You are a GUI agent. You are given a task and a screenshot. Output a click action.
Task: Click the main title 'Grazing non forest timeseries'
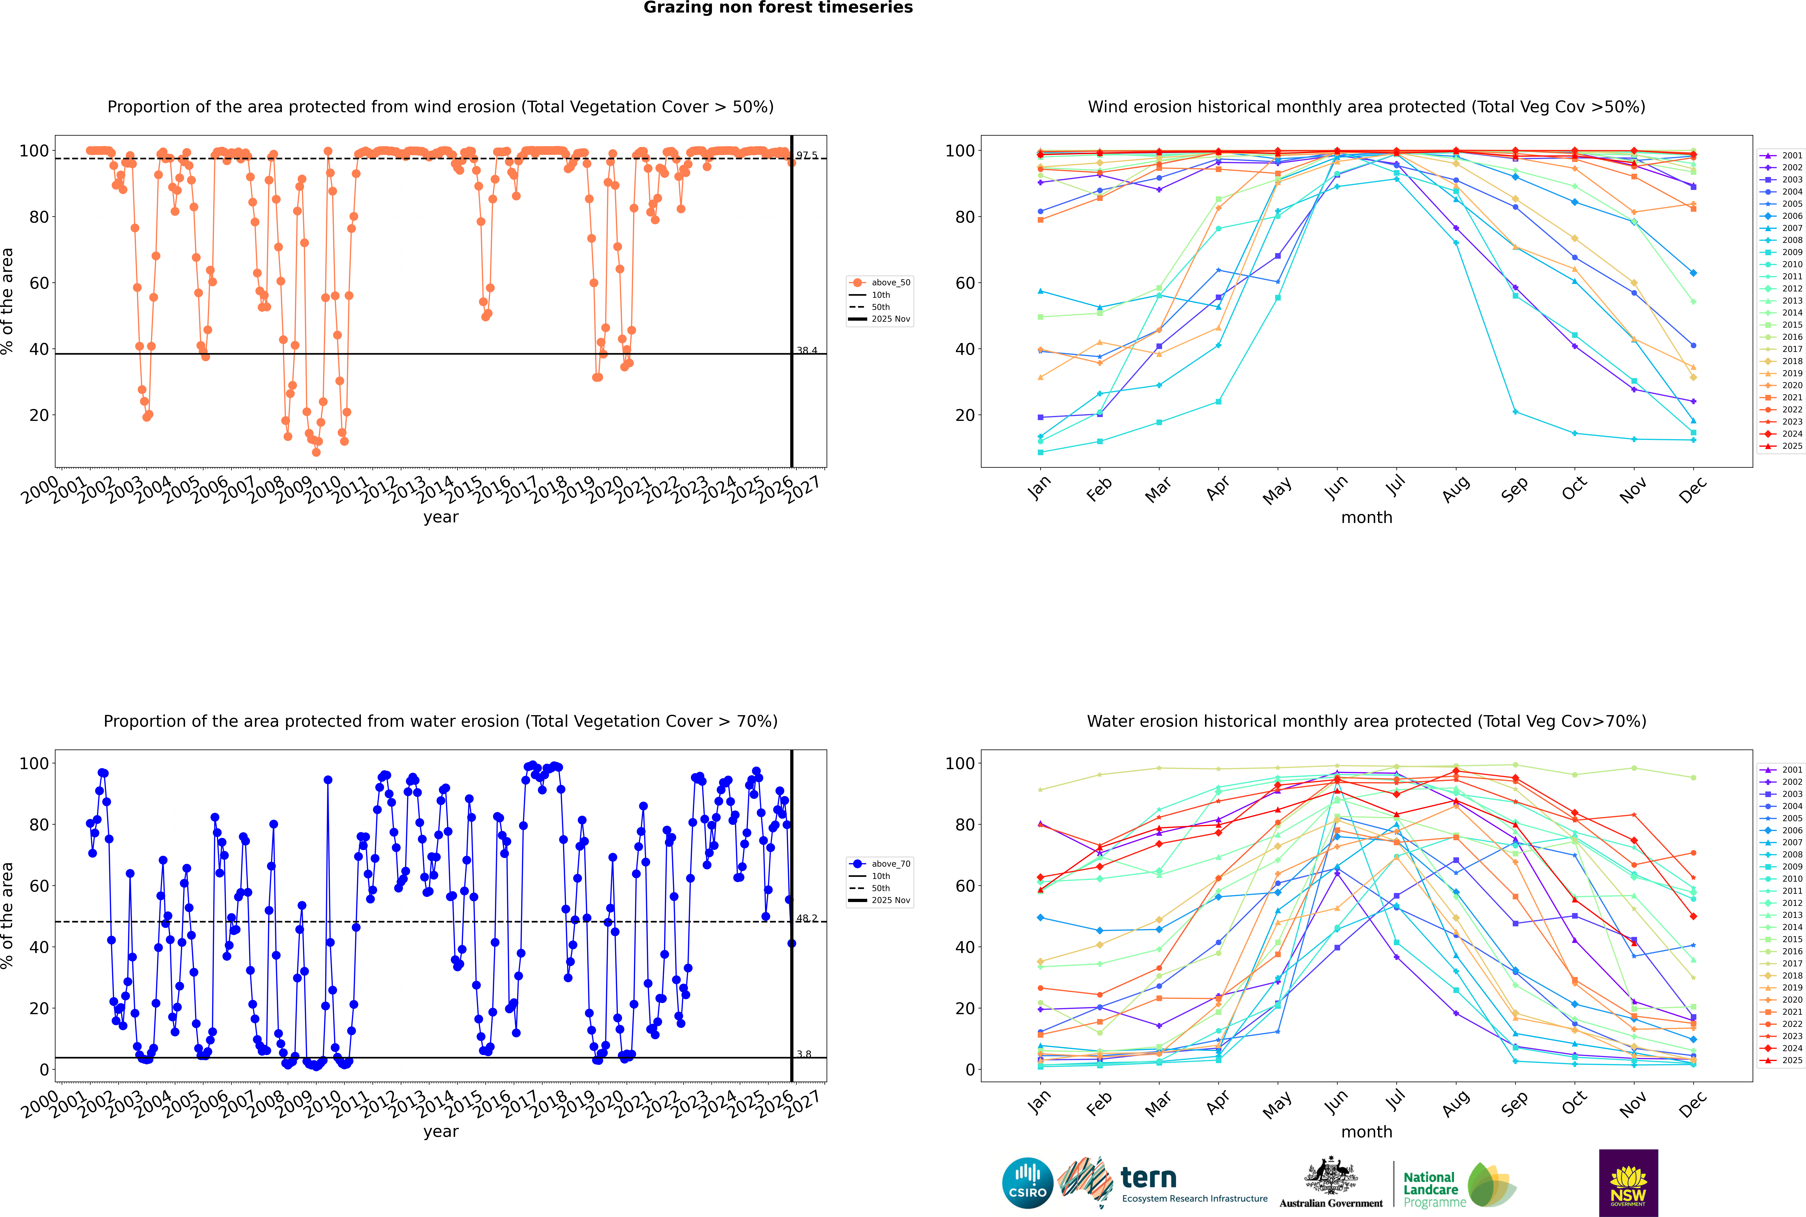(x=778, y=8)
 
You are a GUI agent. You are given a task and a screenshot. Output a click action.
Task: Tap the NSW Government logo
(x=1628, y=1182)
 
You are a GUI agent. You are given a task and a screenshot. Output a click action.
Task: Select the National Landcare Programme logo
(x=1458, y=1185)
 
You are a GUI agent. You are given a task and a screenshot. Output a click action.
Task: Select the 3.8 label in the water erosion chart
(x=804, y=1054)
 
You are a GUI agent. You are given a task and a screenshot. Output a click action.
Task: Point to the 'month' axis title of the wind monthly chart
(x=1366, y=518)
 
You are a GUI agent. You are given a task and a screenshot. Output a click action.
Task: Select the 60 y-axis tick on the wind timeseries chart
(x=39, y=283)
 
